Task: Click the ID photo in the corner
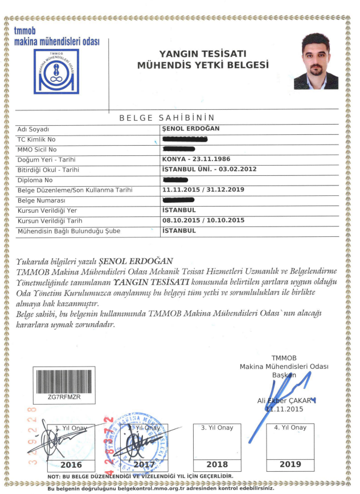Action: pos(316,61)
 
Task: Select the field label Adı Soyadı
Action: pos(34,129)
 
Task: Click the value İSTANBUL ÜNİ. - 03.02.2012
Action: pos(209,170)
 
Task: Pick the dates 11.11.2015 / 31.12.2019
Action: pos(203,190)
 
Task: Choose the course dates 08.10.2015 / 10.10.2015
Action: pos(203,220)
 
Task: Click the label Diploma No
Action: pos(37,180)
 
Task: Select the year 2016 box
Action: pos(67,464)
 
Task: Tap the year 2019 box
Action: pos(291,464)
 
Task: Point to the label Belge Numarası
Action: pos(42,200)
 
